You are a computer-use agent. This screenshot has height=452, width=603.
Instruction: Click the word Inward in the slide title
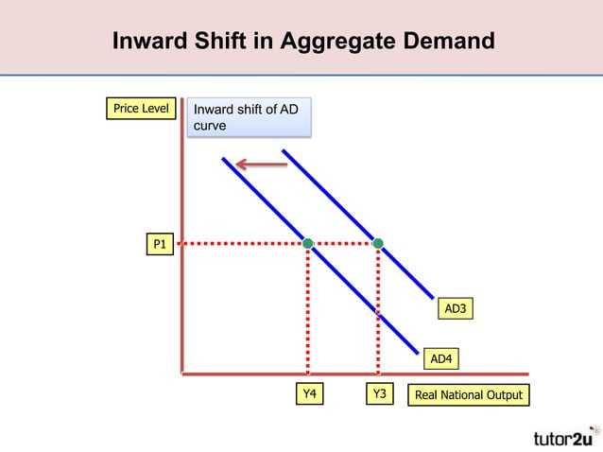[149, 43]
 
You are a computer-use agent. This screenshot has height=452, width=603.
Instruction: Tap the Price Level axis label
[141, 109]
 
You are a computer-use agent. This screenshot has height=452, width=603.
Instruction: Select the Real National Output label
[468, 394]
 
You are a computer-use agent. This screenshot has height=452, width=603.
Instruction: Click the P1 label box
[159, 246]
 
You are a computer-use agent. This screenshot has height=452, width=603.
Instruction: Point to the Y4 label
[308, 394]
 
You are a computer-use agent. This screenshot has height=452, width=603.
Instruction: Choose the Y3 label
[378, 394]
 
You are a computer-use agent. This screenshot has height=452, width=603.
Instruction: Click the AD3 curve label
[456, 309]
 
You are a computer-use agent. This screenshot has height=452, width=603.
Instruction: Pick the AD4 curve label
[440, 358]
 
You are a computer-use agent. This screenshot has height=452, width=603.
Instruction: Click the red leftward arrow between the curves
[262, 165]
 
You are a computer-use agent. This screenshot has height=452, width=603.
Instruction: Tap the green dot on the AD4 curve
[308, 244]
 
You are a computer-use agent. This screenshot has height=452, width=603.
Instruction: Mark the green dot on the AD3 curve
[378, 244]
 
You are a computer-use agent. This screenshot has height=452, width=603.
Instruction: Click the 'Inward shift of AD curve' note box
[248, 117]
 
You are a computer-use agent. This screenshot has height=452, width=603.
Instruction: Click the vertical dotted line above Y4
[308, 312]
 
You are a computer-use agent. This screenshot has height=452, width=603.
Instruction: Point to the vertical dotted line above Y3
[378, 312]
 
